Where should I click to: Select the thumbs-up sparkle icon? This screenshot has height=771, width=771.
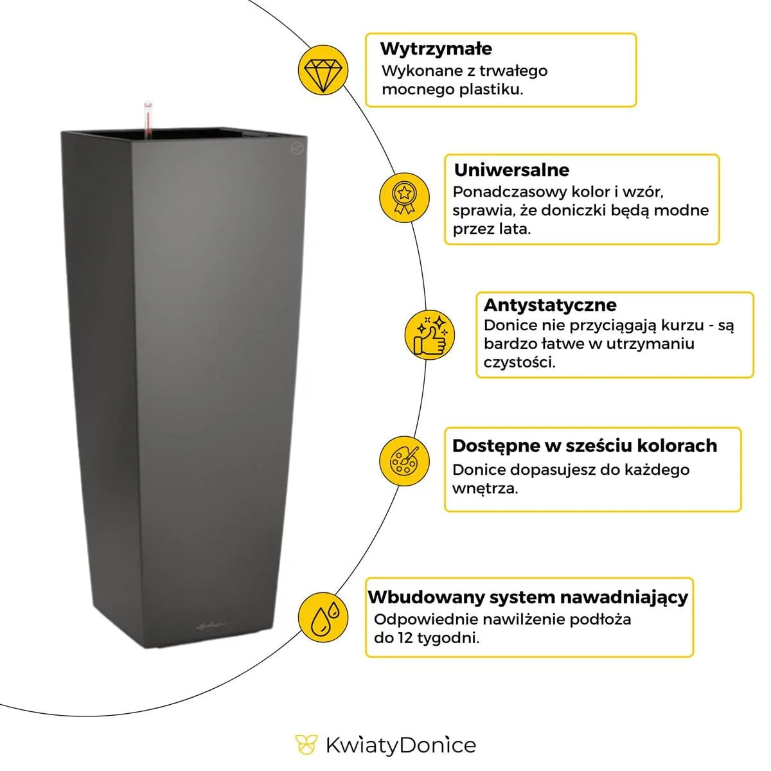[430, 335]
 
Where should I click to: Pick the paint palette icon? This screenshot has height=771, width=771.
[404, 460]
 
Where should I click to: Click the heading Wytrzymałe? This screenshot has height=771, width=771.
[436, 49]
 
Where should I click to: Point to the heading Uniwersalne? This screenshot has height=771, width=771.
[511, 170]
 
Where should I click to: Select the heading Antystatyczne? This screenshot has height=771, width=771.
[549, 305]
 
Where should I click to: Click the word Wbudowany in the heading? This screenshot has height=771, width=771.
[425, 597]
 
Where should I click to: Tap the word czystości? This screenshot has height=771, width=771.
[519, 362]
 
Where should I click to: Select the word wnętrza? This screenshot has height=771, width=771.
[484, 488]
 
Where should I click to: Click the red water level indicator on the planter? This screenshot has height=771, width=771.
[148, 119]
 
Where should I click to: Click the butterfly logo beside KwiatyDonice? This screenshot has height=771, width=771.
[306, 745]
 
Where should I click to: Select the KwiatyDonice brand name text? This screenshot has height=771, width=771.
[401, 745]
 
